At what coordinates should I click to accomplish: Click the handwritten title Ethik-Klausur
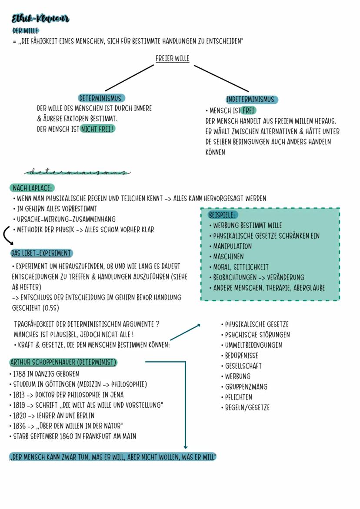coord(40,19)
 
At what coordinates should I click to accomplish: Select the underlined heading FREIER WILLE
coord(172,58)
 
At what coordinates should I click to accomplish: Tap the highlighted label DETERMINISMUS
coord(101,98)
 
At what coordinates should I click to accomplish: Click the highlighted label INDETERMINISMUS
coord(252,100)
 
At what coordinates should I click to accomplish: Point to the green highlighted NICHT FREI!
coord(97,129)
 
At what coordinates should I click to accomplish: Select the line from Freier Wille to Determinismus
coord(129,78)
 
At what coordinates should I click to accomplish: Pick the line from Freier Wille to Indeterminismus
coord(221,78)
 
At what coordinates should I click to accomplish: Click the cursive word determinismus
coord(77,172)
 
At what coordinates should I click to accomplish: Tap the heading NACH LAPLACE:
coord(32,188)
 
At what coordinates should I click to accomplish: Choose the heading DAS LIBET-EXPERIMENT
coord(41,253)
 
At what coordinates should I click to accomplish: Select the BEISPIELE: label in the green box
coord(223,215)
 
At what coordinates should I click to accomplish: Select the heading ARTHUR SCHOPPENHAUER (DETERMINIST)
coord(63,362)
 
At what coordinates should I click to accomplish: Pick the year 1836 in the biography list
coord(19,426)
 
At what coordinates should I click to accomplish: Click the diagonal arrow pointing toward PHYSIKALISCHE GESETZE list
coord(185,332)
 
